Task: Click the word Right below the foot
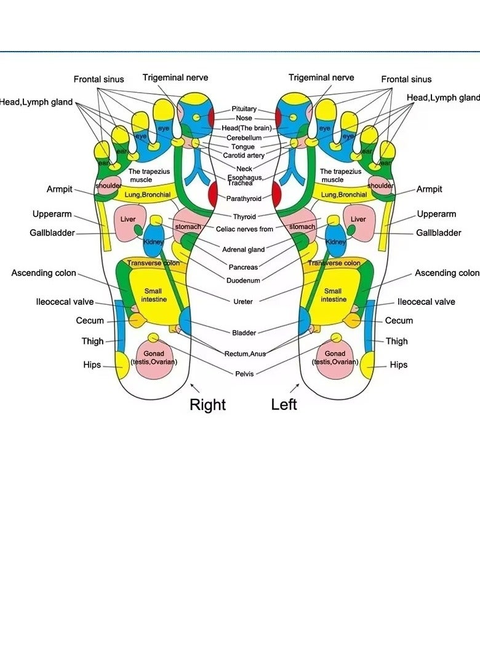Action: pos(207,404)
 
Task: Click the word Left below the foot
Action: pos(284,404)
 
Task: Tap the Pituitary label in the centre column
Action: pos(244,109)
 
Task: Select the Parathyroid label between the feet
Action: pos(244,199)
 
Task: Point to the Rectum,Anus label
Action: pos(246,353)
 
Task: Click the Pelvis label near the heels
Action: pos(244,374)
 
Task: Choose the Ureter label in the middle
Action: pos(243,302)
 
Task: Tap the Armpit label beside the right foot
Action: pos(60,189)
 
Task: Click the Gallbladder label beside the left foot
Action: pos(438,233)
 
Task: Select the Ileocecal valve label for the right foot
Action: pos(65,302)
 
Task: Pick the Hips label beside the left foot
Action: pos(399,364)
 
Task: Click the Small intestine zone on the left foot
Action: pos(333,295)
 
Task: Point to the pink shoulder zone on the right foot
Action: pos(108,186)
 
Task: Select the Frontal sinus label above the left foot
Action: pos(406,79)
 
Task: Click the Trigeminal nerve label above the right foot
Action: pos(175,77)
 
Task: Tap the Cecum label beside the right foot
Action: pos(90,321)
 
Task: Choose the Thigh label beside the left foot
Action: pos(397,341)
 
